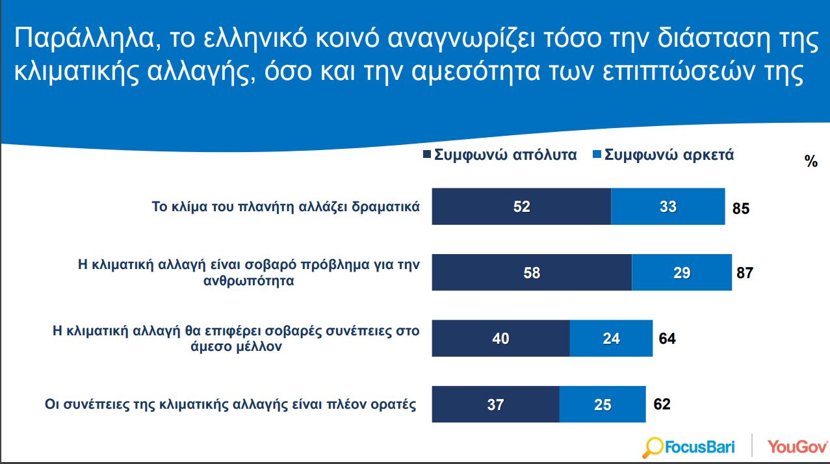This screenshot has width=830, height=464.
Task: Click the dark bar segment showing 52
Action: coord(521,207)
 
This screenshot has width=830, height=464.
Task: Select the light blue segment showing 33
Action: coord(668,207)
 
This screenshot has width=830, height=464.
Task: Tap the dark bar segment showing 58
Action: coord(532,273)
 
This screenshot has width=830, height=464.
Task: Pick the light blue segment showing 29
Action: coord(681,273)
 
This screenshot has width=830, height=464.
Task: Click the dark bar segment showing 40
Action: coord(500,339)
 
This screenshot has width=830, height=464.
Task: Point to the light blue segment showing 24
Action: coord(611,339)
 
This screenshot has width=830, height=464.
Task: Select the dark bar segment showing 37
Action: coord(495,404)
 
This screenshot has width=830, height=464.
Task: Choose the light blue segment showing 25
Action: coord(603,404)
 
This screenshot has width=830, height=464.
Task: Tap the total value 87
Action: coord(744,273)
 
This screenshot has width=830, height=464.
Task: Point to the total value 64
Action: coord(667,339)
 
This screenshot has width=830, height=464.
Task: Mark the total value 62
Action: coord(662,404)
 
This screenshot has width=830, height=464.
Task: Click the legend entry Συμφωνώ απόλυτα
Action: coord(500,156)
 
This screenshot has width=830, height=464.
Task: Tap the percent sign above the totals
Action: coord(811,162)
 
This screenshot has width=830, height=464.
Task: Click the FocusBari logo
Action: coord(688,446)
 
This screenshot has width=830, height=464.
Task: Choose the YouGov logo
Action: coord(797,446)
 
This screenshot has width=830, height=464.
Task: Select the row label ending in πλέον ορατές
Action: coord(230,404)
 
